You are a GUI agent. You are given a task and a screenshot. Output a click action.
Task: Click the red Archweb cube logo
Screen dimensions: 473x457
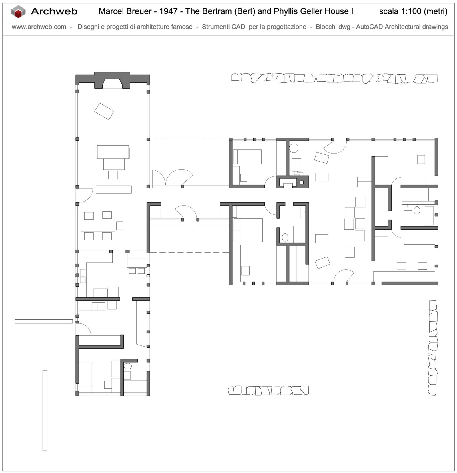(18, 12)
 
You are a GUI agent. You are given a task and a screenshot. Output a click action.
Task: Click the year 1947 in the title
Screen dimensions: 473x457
(168, 11)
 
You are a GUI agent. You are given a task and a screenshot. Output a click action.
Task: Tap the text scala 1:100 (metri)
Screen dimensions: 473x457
(413, 11)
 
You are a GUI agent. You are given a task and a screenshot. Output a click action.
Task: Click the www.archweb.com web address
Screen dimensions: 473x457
(39, 27)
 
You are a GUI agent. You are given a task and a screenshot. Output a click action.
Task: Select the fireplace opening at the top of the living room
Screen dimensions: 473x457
(113, 84)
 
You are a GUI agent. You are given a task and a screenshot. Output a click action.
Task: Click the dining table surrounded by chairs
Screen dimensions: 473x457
(98, 226)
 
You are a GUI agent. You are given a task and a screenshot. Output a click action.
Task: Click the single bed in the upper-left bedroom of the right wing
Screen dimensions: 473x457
(247, 157)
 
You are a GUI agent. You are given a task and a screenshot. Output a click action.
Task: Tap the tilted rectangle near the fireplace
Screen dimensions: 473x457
(104, 111)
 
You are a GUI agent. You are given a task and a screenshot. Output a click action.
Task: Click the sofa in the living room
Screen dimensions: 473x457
(113, 152)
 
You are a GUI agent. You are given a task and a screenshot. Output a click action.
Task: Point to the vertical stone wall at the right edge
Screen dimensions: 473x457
(433, 347)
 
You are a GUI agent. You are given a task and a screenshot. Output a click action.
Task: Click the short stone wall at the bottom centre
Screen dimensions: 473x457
(268, 390)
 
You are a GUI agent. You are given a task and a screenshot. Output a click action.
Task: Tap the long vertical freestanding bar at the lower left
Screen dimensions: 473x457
(45, 410)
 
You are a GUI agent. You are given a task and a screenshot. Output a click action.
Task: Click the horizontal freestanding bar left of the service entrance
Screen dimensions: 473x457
(44, 321)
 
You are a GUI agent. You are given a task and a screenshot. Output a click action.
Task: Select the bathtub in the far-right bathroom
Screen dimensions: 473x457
(429, 215)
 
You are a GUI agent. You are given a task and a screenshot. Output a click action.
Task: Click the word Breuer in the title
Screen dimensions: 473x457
(140, 11)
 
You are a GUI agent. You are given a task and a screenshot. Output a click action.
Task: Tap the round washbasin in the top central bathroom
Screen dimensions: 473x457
(294, 148)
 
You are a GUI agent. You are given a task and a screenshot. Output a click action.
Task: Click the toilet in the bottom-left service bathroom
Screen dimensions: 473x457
(128, 366)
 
